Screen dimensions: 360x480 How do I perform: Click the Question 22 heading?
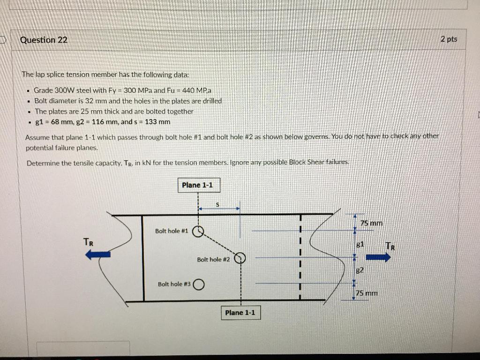click(x=44, y=40)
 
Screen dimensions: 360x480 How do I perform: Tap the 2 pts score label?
click(x=449, y=39)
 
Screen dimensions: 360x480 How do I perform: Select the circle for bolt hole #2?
click(x=240, y=258)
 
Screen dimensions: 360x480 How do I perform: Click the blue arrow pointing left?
click(x=98, y=254)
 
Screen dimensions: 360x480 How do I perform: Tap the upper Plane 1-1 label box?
click(x=197, y=185)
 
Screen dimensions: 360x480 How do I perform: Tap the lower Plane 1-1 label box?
click(x=240, y=313)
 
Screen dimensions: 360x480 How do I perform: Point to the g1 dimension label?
click(x=360, y=244)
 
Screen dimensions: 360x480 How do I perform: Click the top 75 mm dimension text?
click(x=371, y=223)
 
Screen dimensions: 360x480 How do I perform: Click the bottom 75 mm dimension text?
click(x=367, y=293)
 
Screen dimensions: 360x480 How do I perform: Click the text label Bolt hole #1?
click(x=172, y=231)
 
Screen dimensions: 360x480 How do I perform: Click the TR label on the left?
click(x=88, y=242)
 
